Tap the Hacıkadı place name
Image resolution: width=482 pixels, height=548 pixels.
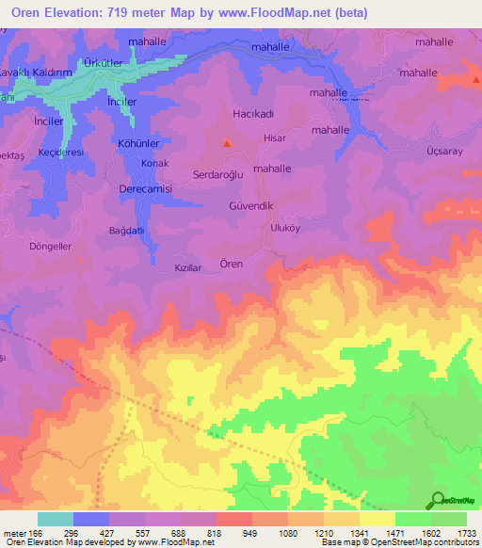click(x=252, y=113)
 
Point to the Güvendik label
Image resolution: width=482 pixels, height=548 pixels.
click(x=250, y=205)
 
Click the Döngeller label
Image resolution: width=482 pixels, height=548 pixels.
click(x=52, y=246)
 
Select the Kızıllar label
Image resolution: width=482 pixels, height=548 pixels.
click(x=188, y=268)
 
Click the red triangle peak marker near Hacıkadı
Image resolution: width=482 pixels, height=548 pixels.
click(x=226, y=143)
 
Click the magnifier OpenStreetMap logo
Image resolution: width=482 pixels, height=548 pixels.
click(x=438, y=500)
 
